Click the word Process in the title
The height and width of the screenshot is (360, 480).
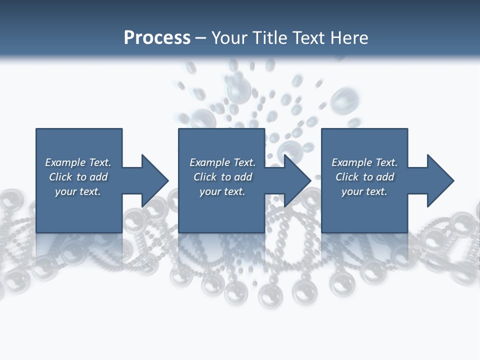157,38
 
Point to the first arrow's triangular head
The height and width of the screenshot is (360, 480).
154,180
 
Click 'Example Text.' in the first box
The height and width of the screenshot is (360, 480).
78,162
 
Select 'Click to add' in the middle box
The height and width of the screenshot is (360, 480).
222,177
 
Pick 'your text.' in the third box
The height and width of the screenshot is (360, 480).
364,191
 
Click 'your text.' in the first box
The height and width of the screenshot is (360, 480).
78,191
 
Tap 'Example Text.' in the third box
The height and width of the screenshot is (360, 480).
364,162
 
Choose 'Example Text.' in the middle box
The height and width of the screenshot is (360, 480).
222,162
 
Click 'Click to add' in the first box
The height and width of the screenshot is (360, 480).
78,177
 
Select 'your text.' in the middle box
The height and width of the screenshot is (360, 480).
222,191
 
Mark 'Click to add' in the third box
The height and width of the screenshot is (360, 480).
364,177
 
